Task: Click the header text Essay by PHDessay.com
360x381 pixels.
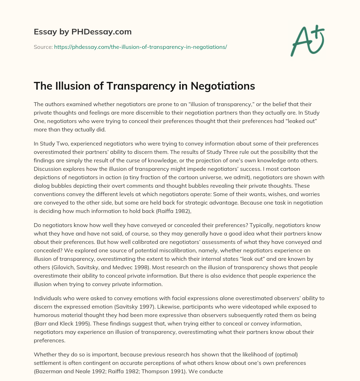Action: (83, 32)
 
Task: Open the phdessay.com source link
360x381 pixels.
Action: (140, 47)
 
